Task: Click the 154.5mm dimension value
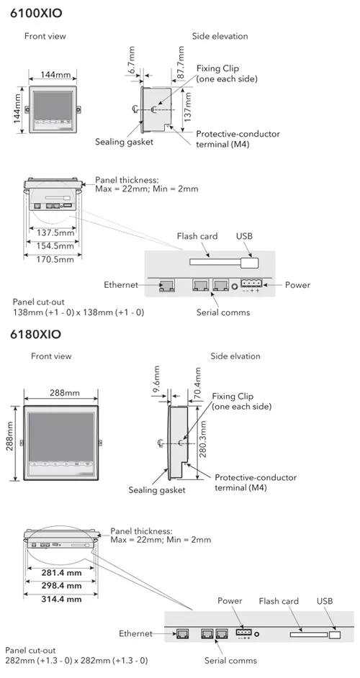(x=55, y=245)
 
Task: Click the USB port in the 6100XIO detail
(x=251, y=265)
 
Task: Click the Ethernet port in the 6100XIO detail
(x=166, y=286)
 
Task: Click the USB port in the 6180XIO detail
(x=335, y=635)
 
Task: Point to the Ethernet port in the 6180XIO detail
(x=183, y=634)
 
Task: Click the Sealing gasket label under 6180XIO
(x=156, y=489)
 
